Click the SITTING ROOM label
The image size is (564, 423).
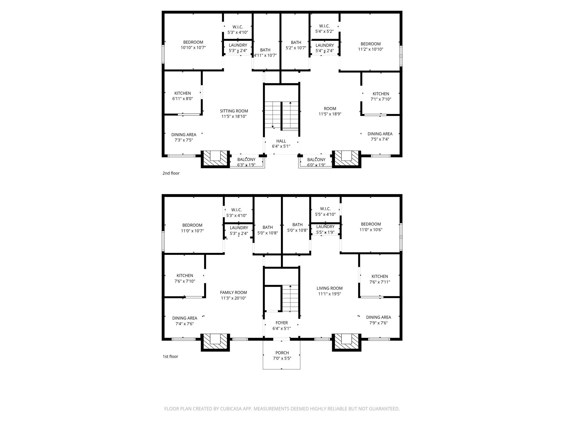234,111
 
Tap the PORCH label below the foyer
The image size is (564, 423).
282,353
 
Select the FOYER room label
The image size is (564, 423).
281,323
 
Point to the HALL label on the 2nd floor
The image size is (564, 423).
281,141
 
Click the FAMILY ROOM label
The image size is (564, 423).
234,292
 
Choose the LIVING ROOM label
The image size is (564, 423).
330,288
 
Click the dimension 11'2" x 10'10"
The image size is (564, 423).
371,49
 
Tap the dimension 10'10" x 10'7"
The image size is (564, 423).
193,47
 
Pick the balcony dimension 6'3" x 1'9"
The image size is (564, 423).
246,165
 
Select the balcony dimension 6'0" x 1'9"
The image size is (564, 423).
316,165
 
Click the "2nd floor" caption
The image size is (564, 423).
171,173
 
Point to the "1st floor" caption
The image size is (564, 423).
170,356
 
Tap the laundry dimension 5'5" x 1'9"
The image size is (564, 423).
325,232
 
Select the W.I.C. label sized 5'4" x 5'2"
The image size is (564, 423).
324,26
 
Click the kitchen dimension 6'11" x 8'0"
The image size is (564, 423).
183,99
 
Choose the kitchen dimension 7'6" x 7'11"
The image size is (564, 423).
380,282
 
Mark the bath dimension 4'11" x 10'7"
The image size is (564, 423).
265,55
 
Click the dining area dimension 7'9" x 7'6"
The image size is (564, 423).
379,323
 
